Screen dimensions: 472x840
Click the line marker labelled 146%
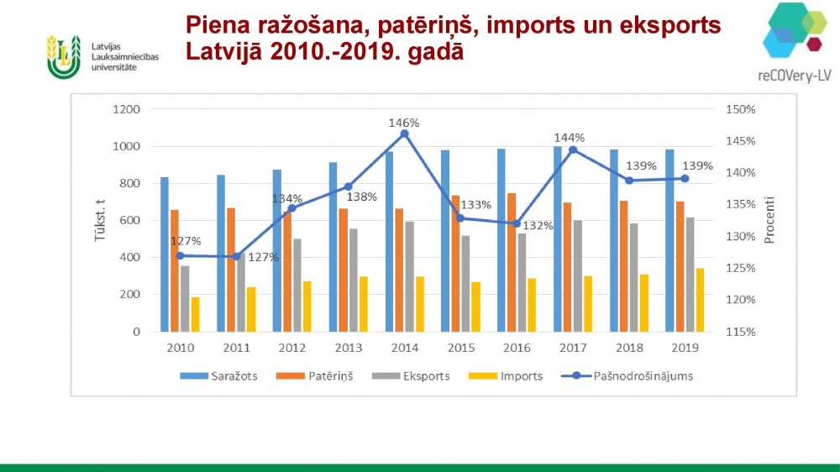click(404, 134)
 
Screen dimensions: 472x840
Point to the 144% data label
click(569, 138)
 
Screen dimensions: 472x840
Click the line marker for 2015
click(460, 218)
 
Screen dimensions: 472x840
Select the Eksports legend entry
click(420, 376)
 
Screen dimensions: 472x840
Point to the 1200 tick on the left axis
click(126, 109)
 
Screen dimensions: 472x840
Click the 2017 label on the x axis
click(573, 348)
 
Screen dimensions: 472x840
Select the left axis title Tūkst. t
click(99, 220)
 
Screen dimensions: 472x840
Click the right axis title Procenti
click(769, 220)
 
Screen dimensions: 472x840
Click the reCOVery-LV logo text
click(794, 74)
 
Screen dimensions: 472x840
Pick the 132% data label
click(538, 226)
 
